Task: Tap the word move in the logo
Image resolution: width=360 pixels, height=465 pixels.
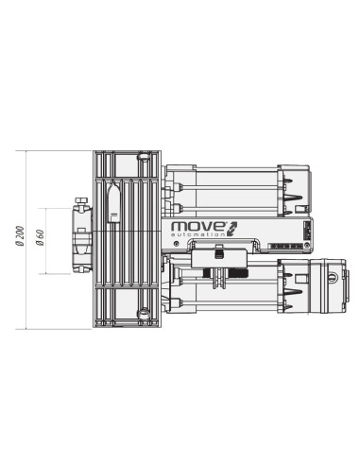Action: [193, 228]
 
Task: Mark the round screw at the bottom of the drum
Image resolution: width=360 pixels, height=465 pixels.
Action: [144, 312]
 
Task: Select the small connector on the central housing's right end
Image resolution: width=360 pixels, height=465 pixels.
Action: [305, 232]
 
